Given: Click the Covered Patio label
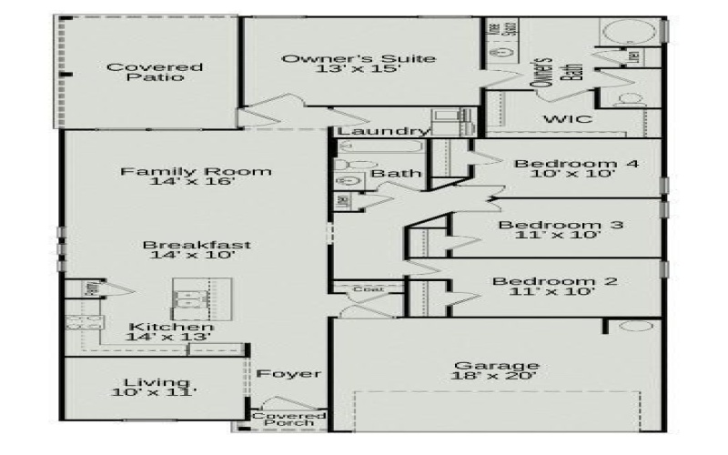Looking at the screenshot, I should tap(142, 73).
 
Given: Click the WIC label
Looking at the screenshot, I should tap(568, 119).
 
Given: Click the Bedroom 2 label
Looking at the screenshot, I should tap(555, 281).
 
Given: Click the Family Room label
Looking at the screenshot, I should tap(197, 171).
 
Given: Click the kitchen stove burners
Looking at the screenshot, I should tap(74, 328).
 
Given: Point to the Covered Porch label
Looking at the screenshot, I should tap(283, 419).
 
